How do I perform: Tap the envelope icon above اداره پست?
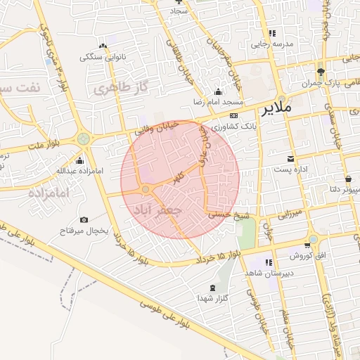click(290, 158)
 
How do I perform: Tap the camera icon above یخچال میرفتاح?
click(84, 219)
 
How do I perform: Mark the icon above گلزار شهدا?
click(212, 288)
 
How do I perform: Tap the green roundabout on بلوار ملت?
click(83, 139)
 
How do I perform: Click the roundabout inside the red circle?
click(146, 189)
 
